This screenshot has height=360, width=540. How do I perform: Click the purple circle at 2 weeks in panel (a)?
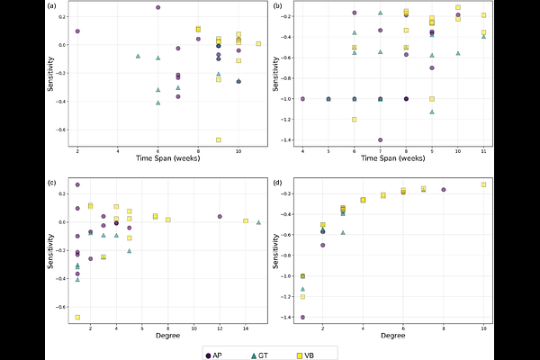[x=77, y=31]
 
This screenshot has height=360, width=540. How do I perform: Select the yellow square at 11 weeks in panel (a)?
[x=258, y=43]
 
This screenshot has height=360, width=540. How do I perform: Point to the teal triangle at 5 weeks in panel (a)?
[x=138, y=56]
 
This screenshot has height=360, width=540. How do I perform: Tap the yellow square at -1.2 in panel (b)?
[x=355, y=120]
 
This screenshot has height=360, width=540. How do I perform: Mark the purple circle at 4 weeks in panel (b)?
[x=302, y=99]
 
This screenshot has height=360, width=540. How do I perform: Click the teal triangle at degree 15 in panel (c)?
[x=258, y=222]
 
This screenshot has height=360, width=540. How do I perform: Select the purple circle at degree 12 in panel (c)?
[x=220, y=217]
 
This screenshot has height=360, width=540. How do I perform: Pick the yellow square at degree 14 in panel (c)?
[x=246, y=221]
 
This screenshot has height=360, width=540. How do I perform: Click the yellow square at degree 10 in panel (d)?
[x=483, y=184]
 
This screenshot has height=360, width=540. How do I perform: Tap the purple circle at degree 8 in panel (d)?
[x=444, y=190]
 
